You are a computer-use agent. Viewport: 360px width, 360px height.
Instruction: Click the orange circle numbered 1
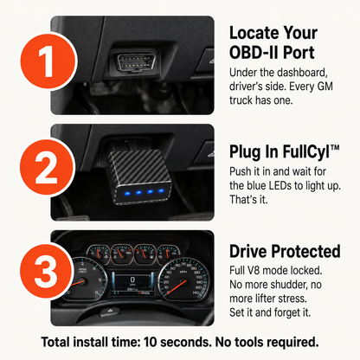coord(48,61)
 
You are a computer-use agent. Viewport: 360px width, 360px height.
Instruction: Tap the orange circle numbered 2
coord(48,167)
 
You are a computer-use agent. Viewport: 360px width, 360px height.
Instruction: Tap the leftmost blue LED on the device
coord(128,193)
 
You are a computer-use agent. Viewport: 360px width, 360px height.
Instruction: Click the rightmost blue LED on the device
coord(161,190)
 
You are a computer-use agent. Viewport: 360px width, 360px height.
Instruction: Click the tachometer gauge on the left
coord(84,280)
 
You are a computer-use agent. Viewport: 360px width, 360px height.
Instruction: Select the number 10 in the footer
coord(151,342)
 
